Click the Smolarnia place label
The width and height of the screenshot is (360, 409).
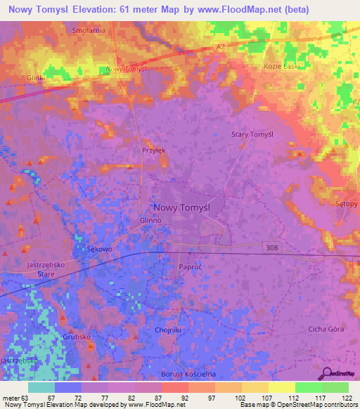click(x=89, y=31)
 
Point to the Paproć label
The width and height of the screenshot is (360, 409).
click(x=191, y=267)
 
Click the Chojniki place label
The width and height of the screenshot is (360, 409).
click(x=168, y=329)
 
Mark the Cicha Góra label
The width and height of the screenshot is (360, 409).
click(x=326, y=329)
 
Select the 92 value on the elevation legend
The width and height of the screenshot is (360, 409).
click(x=174, y=398)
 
